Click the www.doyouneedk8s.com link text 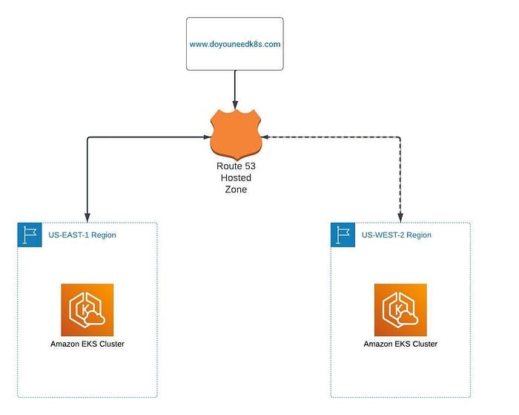[x=235, y=45]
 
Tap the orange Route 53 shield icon [x=236, y=135]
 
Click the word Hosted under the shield [x=236, y=177]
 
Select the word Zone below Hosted [x=236, y=189]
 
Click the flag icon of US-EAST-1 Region [x=30, y=235]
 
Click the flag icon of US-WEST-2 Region [x=343, y=235]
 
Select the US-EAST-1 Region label [x=82, y=235]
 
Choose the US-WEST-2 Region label [x=396, y=235]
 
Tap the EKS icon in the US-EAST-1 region [x=87, y=310]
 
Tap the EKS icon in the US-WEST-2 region [x=400, y=310]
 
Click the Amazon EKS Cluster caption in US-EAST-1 [x=87, y=344]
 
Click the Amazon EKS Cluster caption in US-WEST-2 [x=400, y=344]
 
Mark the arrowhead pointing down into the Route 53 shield [x=235, y=105]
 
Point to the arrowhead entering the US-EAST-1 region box [x=87, y=218]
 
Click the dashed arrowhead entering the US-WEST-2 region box [x=400, y=218]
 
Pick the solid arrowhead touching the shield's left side [x=207, y=137]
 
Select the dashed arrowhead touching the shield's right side [x=265, y=137]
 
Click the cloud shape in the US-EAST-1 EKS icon [x=95, y=318]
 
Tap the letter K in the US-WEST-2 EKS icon [x=398, y=309]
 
